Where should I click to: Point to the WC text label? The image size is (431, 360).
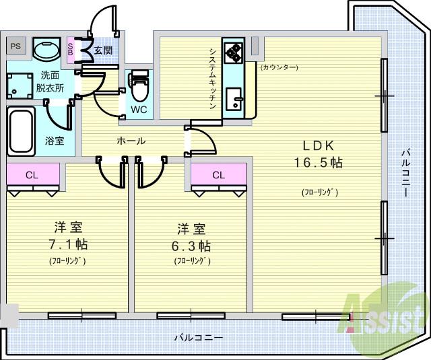139,110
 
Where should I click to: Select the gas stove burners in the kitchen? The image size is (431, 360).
233,52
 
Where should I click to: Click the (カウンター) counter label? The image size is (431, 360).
279,67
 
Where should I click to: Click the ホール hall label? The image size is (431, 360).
132,141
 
